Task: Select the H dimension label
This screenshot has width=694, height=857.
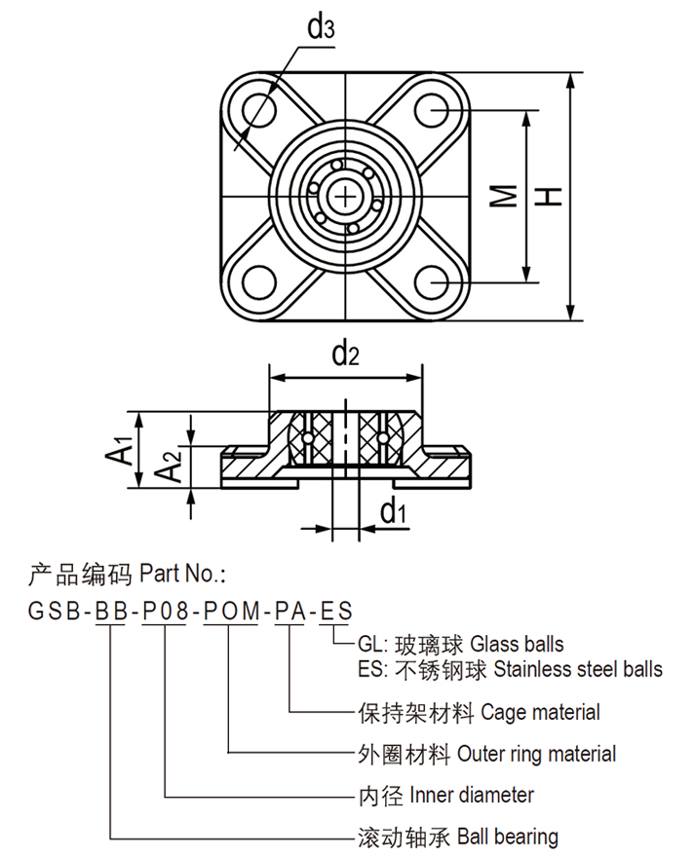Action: click(x=551, y=196)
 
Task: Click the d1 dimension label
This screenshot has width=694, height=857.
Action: click(x=393, y=509)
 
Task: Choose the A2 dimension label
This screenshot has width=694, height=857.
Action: click(x=170, y=468)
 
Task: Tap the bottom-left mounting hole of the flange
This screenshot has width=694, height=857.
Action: click(x=259, y=281)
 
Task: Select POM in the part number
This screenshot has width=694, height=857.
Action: click(x=230, y=612)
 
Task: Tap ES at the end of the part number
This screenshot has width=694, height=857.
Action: click(x=336, y=612)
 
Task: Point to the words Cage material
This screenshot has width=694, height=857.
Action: click(x=540, y=713)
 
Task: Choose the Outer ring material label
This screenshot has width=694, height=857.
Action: click(x=536, y=754)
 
